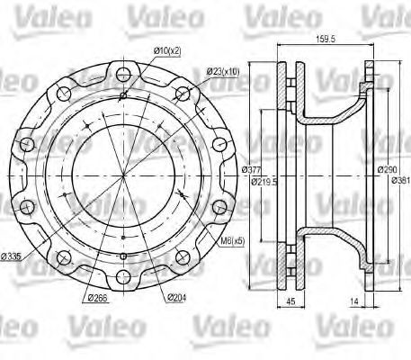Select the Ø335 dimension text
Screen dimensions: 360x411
tap(13, 256)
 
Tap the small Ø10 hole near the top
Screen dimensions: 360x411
tap(121, 93)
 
